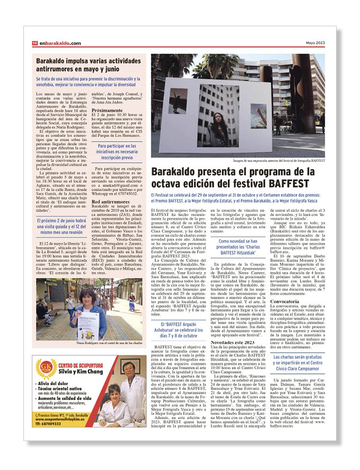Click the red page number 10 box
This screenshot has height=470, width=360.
tap(34, 43)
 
